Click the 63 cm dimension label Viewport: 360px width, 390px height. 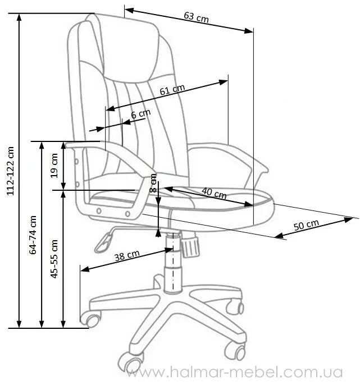(196, 17)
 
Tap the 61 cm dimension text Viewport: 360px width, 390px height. (172, 89)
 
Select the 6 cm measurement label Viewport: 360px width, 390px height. (140, 114)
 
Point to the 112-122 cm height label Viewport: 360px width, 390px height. (11, 171)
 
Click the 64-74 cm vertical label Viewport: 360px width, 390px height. (33, 235)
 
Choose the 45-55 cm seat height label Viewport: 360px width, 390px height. (54, 259)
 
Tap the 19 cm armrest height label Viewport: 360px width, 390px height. (54, 166)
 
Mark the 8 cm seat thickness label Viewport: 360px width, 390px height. (153, 183)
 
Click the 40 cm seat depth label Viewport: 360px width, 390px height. (214, 193)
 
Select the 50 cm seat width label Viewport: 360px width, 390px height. (306, 225)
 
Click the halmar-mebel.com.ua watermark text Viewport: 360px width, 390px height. (235, 373)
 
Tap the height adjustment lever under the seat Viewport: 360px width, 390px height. (103, 242)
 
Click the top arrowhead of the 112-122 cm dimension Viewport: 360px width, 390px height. (19, 18)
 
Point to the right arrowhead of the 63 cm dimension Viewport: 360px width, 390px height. (249, 31)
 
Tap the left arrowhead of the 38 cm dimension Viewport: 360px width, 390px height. (85, 269)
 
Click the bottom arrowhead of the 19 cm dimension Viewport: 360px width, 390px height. (63, 185)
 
